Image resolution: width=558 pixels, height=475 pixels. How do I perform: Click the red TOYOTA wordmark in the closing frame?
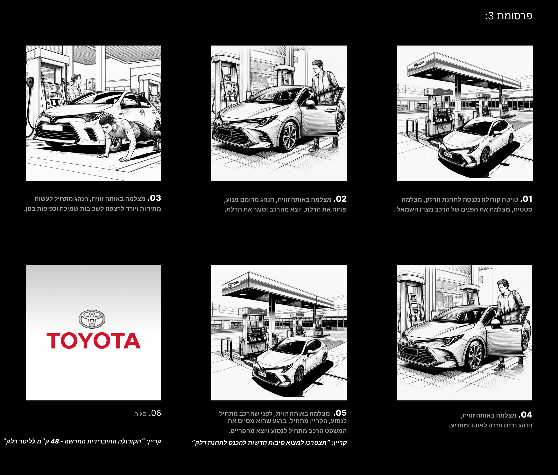[93, 341]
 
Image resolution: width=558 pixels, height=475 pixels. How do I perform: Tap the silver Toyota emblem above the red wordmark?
[92, 319]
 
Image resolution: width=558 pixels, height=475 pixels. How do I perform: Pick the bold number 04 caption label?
[525, 415]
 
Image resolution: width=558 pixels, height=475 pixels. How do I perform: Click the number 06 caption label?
[155, 413]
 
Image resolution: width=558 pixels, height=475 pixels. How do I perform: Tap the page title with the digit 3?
[508, 16]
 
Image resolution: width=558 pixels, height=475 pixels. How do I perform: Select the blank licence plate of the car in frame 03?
[52, 127]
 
